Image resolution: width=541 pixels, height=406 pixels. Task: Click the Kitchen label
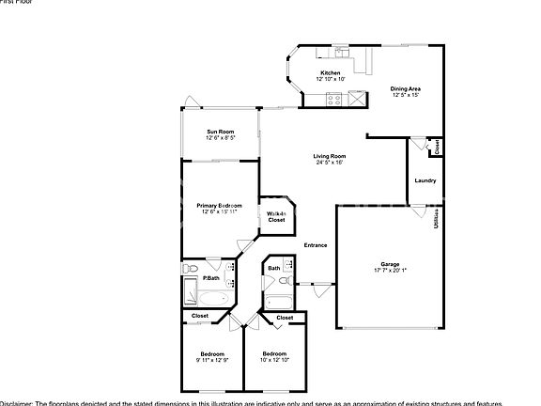pyautogui.click(x=331, y=73)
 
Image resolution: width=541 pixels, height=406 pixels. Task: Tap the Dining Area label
pyautogui.click(x=405, y=88)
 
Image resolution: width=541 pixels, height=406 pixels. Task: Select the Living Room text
pyautogui.click(x=330, y=156)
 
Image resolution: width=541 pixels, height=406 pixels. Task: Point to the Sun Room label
pyautogui.click(x=220, y=132)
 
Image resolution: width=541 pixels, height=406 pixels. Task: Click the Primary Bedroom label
pyautogui.click(x=219, y=205)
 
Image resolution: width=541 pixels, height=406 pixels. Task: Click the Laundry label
pyautogui.click(x=425, y=180)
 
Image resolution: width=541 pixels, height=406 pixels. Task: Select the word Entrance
pyautogui.click(x=316, y=245)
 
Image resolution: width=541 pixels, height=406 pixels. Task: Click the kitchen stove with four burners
pyautogui.click(x=357, y=97)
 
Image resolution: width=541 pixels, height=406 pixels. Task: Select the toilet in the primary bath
pyautogui.click(x=188, y=270)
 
